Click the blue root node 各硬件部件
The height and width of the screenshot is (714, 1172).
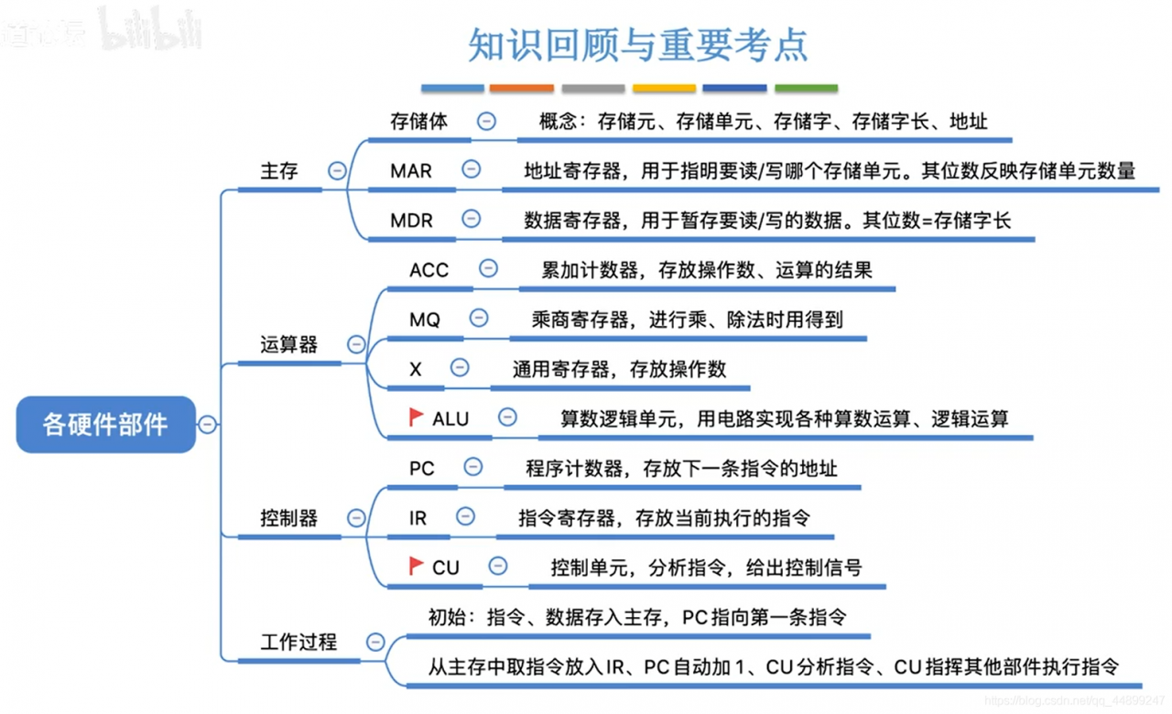pyautogui.click(x=105, y=425)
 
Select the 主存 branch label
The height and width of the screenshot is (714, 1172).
pyautogui.click(x=279, y=171)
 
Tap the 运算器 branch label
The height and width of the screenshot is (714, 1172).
pyautogui.click(x=288, y=345)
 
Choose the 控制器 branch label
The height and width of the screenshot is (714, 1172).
pyautogui.click(x=288, y=518)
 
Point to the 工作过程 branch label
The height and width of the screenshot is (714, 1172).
pyautogui.click(x=298, y=643)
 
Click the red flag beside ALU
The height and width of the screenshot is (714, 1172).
pyautogui.click(x=417, y=417)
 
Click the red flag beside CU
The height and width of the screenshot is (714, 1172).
pyautogui.click(x=417, y=566)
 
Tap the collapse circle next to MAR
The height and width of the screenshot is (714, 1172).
pyautogui.click(x=472, y=169)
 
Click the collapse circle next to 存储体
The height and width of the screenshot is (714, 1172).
pyautogui.click(x=486, y=121)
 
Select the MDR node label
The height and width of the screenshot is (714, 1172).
pyautogui.click(x=411, y=220)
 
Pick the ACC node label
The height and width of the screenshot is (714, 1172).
pyautogui.click(x=429, y=270)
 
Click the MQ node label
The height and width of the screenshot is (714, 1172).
pyautogui.click(x=425, y=319)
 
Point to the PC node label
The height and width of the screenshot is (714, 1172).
pyautogui.click(x=421, y=469)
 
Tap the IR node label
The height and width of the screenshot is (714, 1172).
pyautogui.click(x=418, y=518)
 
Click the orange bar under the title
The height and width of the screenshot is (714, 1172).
pyautogui.click(x=522, y=89)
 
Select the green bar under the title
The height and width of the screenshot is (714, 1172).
pyautogui.click(x=806, y=89)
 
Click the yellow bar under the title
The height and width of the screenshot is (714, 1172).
pyautogui.click(x=664, y=89)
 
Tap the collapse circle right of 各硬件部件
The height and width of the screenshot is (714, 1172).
pyautogui.click(x=208, y=425)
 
